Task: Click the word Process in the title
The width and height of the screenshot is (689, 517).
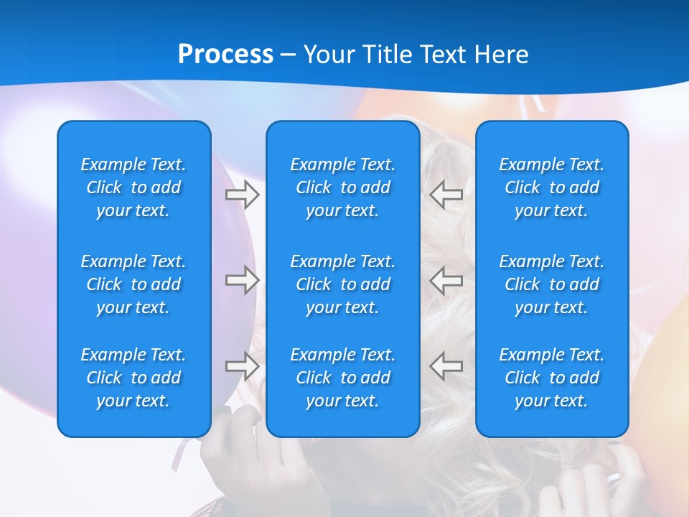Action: (x=225, y=55)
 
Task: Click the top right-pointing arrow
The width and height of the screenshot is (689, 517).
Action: (x=243, y=195)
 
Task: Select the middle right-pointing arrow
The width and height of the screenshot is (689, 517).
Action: (x=243, y=280)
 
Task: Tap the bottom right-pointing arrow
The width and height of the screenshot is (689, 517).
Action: (x=243, y=365)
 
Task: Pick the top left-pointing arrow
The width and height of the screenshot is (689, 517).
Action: (x=446, y=195)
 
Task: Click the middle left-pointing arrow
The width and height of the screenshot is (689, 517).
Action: (x=446, y=280)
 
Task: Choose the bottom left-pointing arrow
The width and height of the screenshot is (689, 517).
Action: (x=446, y=365)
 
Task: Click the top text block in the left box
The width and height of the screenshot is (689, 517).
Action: (x=133, y=187)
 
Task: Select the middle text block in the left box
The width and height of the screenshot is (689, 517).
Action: (x=133, y=284)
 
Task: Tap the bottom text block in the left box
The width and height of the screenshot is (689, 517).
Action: (x=133, y=378)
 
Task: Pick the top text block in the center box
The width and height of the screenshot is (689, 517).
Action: (x=342, y=187)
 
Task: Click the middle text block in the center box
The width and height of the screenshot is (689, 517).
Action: (x=342, y=284)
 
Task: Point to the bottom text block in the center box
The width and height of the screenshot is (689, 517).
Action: (x=342, y=378)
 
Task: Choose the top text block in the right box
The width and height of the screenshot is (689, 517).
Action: (x=551, y=187)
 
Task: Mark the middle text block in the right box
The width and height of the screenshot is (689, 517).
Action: (x=551, y=284)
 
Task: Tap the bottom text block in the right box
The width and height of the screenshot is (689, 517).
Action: (x=551, y=378)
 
